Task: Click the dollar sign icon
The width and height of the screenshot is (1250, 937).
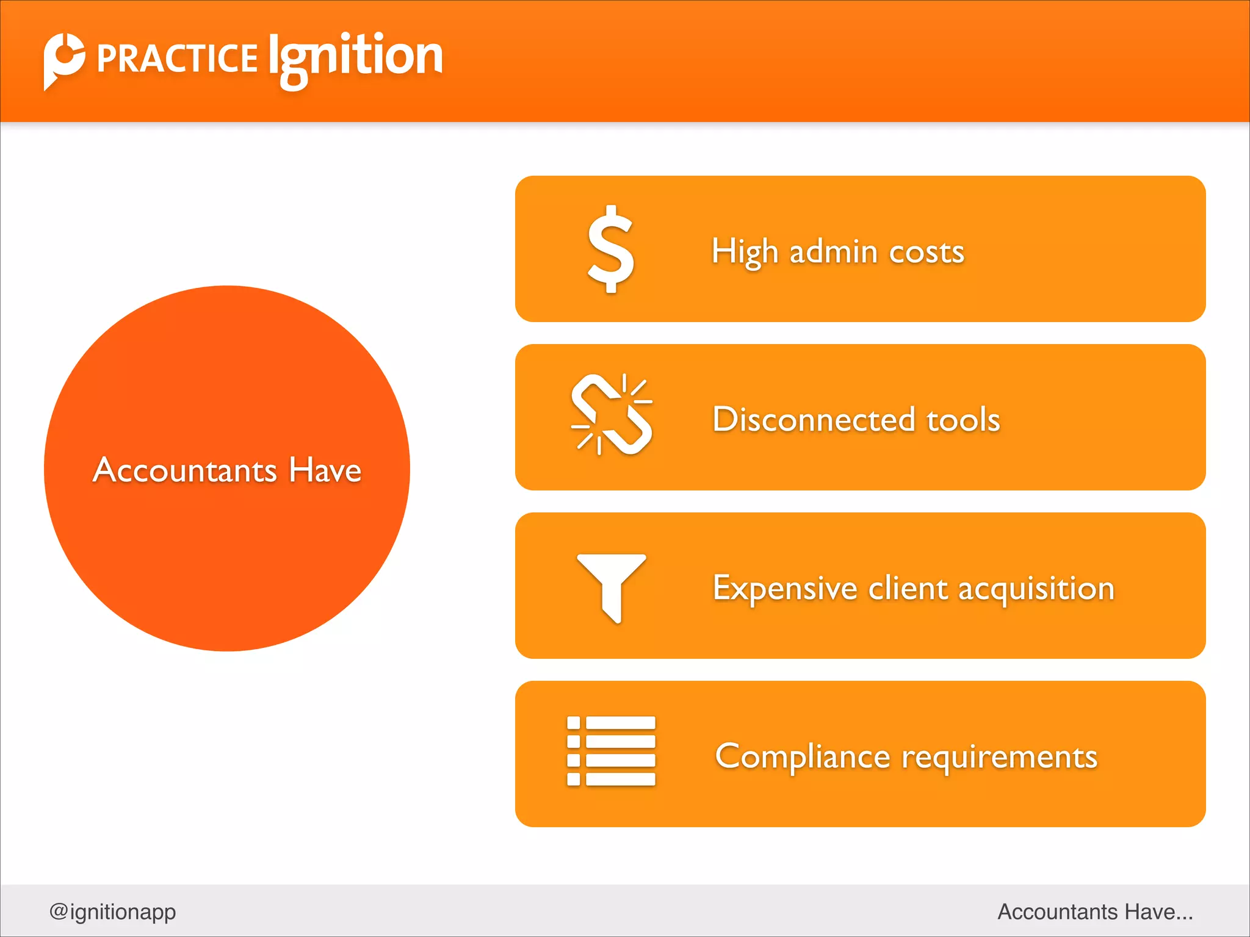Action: point(610,250)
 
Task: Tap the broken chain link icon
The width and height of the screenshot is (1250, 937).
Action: point(612,415)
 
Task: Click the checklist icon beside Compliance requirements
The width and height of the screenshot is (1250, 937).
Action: point(611,751)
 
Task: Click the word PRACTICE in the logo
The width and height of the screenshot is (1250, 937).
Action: point(177,59)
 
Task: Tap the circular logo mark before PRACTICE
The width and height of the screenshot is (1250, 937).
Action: point(63,59)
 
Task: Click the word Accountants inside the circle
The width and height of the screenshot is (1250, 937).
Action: point(185,470)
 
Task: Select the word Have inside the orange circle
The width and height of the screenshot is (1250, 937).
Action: point(325,470)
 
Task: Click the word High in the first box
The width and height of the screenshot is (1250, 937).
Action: point(745,252)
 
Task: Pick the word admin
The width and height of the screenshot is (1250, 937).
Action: point(834,252)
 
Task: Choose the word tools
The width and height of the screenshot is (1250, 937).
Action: point(964,420)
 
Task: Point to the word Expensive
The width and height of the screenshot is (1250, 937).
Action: point(785,589)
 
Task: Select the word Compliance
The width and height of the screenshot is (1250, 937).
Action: point(803,757)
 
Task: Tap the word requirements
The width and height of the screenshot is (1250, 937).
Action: point(1000,757)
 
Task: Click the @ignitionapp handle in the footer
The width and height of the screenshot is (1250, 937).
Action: point(113,911)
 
